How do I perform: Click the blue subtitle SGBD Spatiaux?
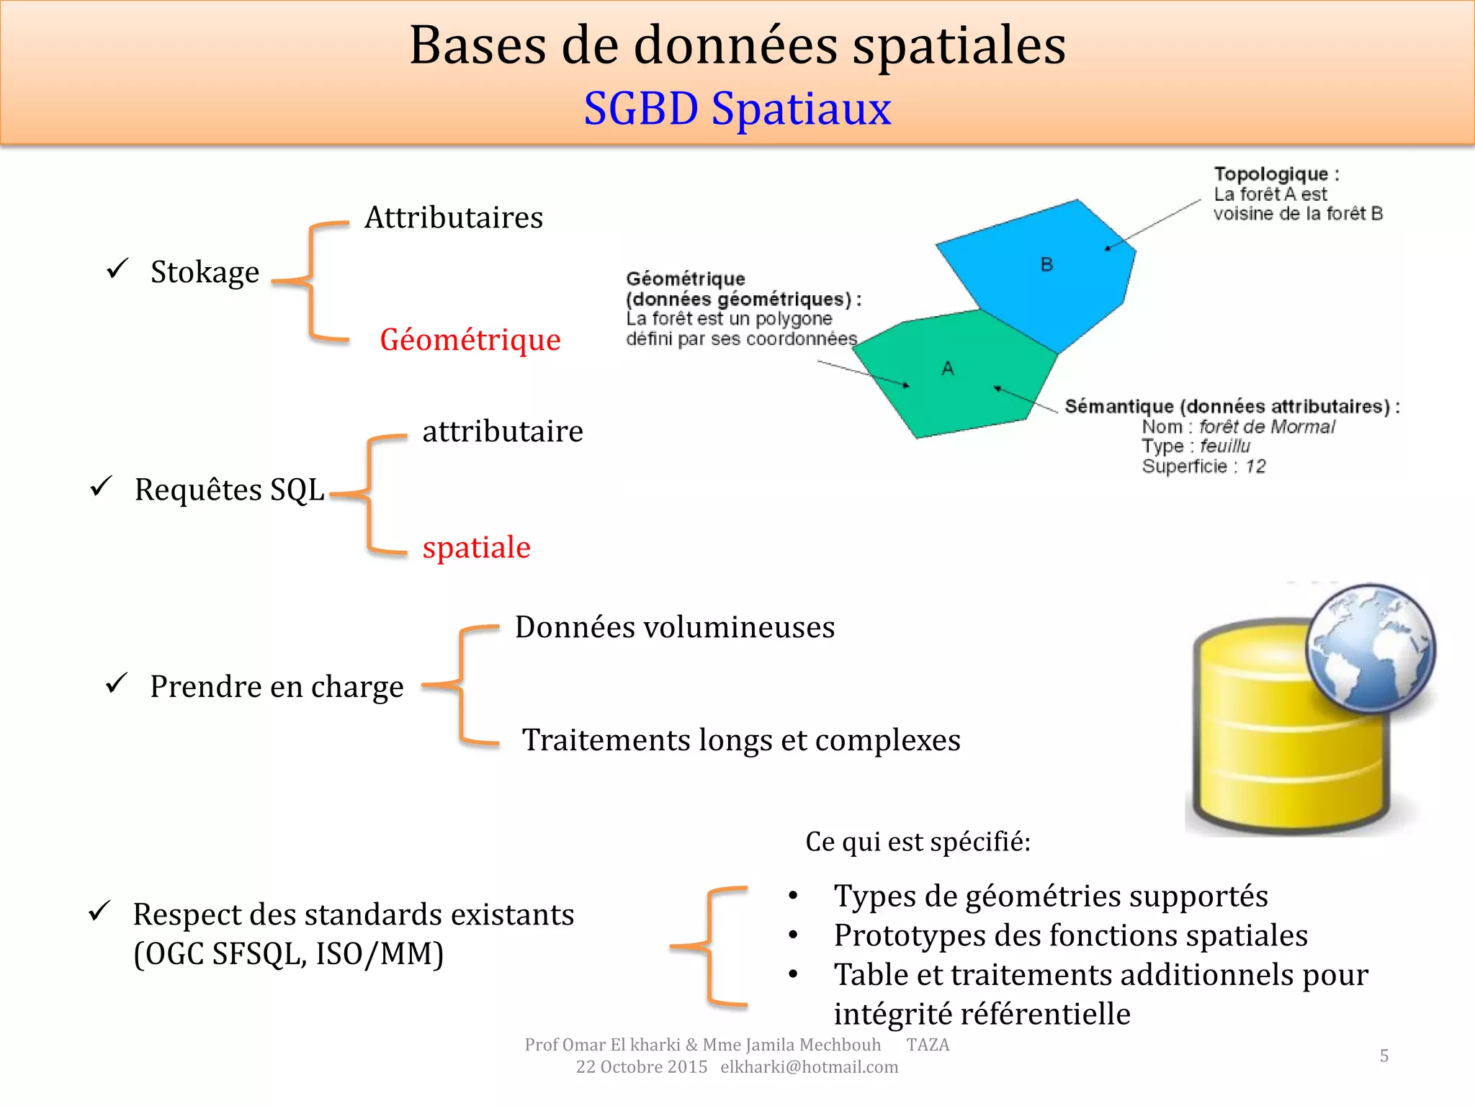pos(737,109)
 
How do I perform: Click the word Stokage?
pos(205,272)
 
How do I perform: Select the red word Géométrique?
pos(470,339)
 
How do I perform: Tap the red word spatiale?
pos(476,547)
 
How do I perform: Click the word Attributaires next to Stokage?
pos(454,217)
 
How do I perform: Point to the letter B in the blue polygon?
pos(1046,265)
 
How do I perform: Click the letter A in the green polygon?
pos(948,369)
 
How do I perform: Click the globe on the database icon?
pos(1370,648)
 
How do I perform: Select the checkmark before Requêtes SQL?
pos(101,487)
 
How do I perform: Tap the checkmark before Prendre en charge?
pos(117,683)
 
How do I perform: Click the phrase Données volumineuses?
pos(674,627)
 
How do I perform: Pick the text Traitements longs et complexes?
pos(741,740)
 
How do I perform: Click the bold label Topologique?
pos(1270,174)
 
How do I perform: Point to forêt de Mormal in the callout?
pos(1266,427)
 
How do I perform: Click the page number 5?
pos(1384,1056)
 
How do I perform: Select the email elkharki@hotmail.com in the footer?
pos(809,1067)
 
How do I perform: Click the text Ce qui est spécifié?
pos(918,842)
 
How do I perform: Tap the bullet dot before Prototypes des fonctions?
pos(793,935)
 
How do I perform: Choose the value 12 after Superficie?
pos(1255,467)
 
